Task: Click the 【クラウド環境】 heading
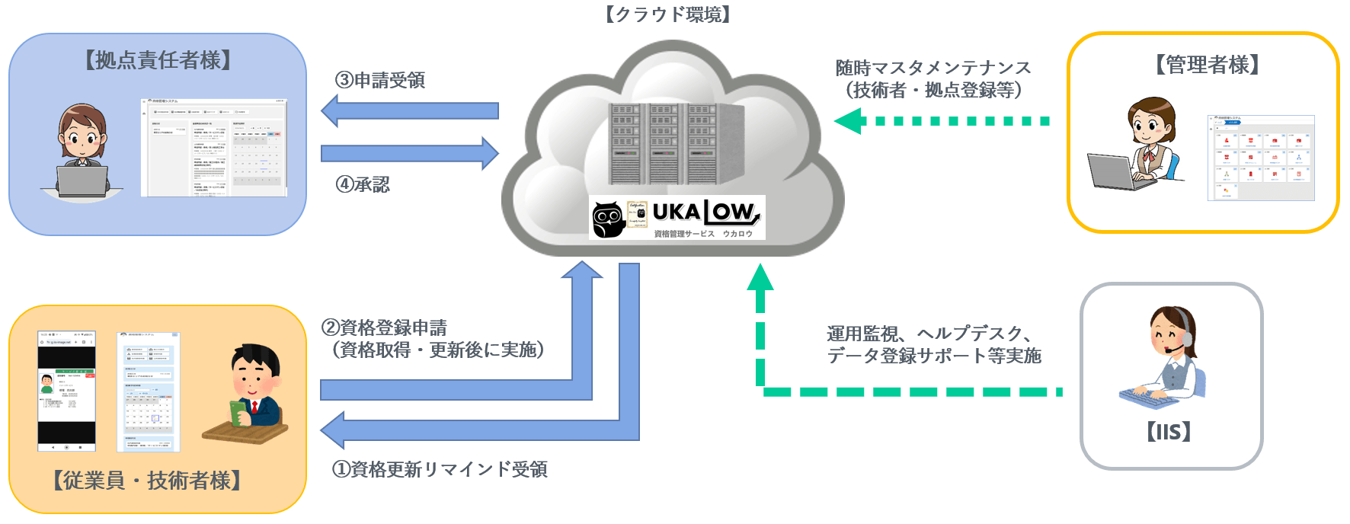click(x=667, y=14)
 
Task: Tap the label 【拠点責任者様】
click(x=158, y=60)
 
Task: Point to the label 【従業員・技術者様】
click(x=147, y=480)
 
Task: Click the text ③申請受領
click(x=379, y=80)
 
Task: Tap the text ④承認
click(x=363, y=184)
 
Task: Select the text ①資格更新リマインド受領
click(x=439, y=469)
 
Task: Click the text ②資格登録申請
click(x=384, y=328)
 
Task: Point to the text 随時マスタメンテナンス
click(x=933, y=68)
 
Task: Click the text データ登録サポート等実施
click(x=934, y=356)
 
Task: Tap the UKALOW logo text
click(x=705, y=212)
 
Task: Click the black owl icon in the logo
click(x=608, y=219)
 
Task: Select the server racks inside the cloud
click(x=674, y=143)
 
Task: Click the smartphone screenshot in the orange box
click(x=67, y=391)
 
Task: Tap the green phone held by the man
click(x=239, y=412)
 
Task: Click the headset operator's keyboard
click(x=1153, y=396)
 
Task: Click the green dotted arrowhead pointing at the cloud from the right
click(x=848, y=121)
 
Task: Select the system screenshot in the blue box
click(x=213, y=147)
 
